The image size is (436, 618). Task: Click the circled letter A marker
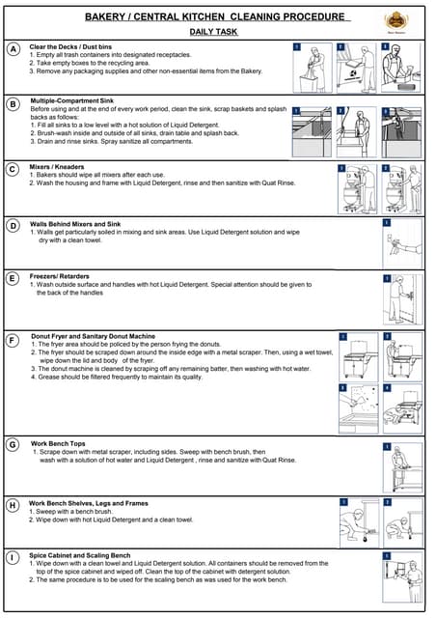pyautogui.click(x=13, y=48)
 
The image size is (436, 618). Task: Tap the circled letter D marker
pyautogui.click(x=13, y=226)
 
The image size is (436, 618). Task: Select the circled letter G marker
pyautogui.click(x=13, y=445)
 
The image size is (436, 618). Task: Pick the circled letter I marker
pyautogui.click(x=13, y=558)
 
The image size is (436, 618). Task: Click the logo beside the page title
pyautogui.click(x=395, y=21)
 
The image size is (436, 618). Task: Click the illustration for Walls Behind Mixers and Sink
pyautogui.click(x=402, y=240)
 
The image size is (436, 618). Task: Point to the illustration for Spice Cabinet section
pyautogui.click(x=402, y=578)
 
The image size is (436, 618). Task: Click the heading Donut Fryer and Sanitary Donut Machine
pyautogui.click(x=94, y=336)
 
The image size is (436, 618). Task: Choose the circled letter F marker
pyautogui.click(x=13, y=340)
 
